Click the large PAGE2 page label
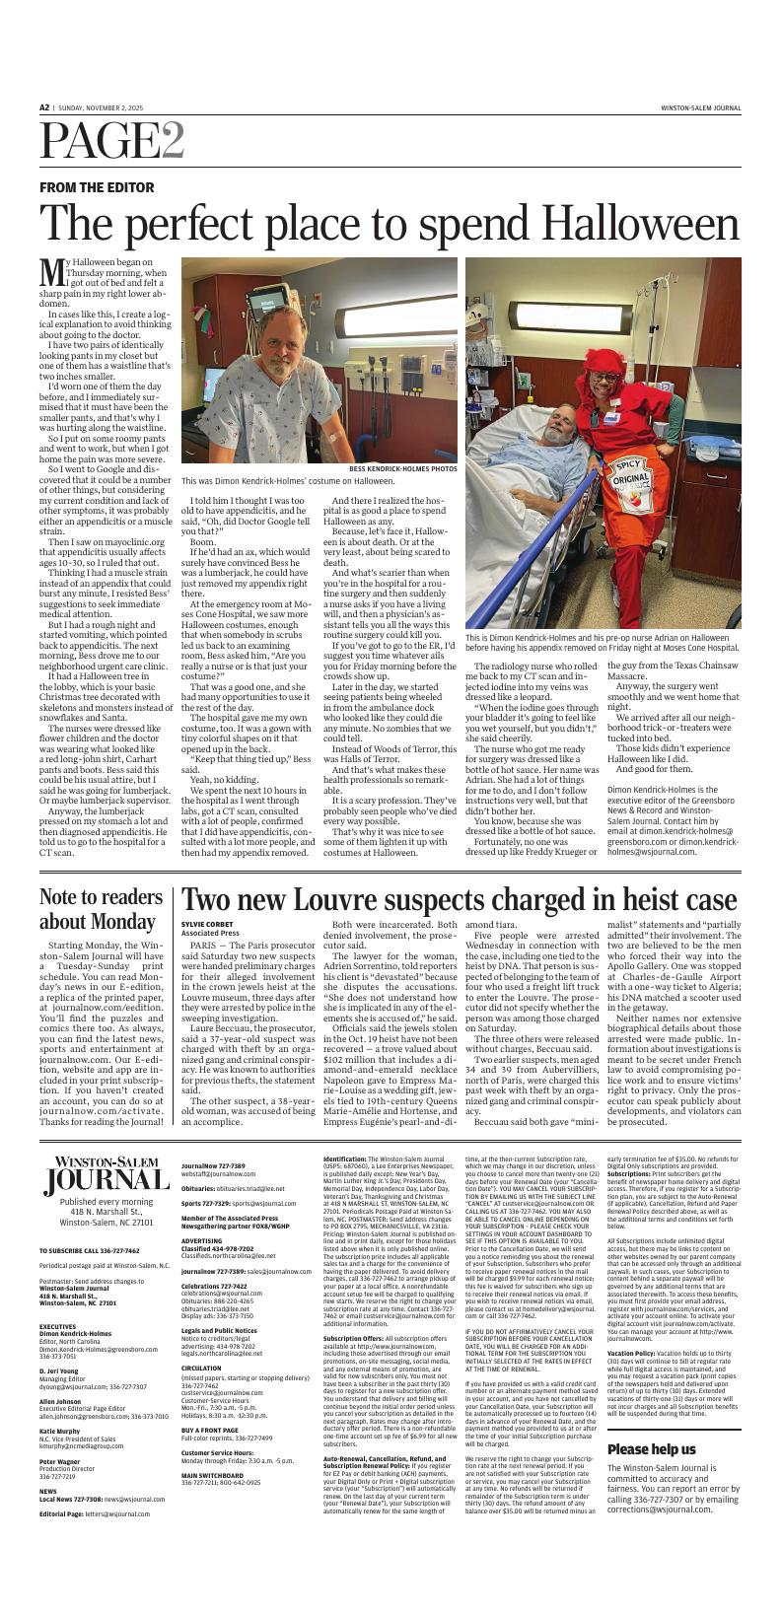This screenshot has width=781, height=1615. click(x=111, y=145)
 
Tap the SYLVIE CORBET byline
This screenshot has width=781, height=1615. click(x=206, y=924)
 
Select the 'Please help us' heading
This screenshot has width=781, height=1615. click(x=651, y=1449)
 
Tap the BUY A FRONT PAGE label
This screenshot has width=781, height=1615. click(x=211, y=1457)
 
